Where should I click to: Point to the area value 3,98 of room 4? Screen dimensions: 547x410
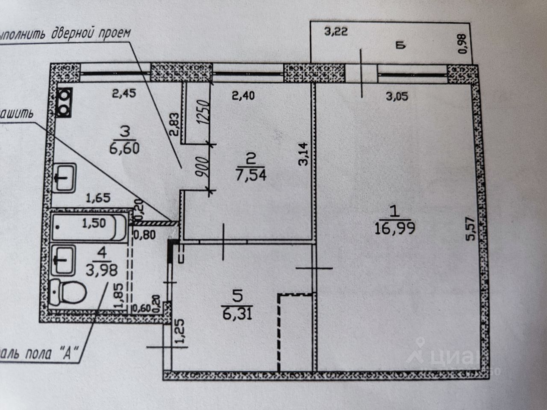(x=102, y=270)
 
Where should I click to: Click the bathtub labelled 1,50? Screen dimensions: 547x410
(x=89, y=225)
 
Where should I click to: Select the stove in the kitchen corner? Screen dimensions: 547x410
(x=64, y=102)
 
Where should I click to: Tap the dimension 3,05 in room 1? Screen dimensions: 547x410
(x=397, y=96)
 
